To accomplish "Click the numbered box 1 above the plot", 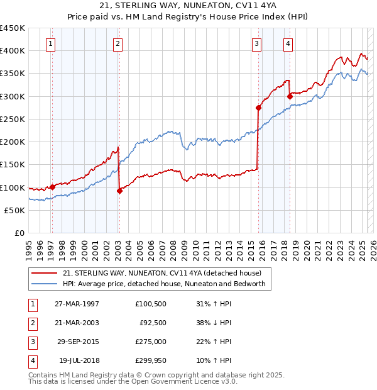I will point(50,43).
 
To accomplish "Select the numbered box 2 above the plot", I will point(117,43).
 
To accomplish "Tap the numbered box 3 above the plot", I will point(257,43).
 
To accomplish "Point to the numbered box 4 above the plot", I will point(287,43).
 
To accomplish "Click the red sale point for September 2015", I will point(258,108).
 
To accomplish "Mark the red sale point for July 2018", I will point(290,96).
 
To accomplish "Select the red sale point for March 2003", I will point(119,191).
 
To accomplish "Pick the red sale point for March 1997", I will point(53,187).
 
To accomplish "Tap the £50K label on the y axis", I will point(15,210).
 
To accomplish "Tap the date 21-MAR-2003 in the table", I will point(77,323).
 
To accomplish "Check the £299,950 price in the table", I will point(151,360).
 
